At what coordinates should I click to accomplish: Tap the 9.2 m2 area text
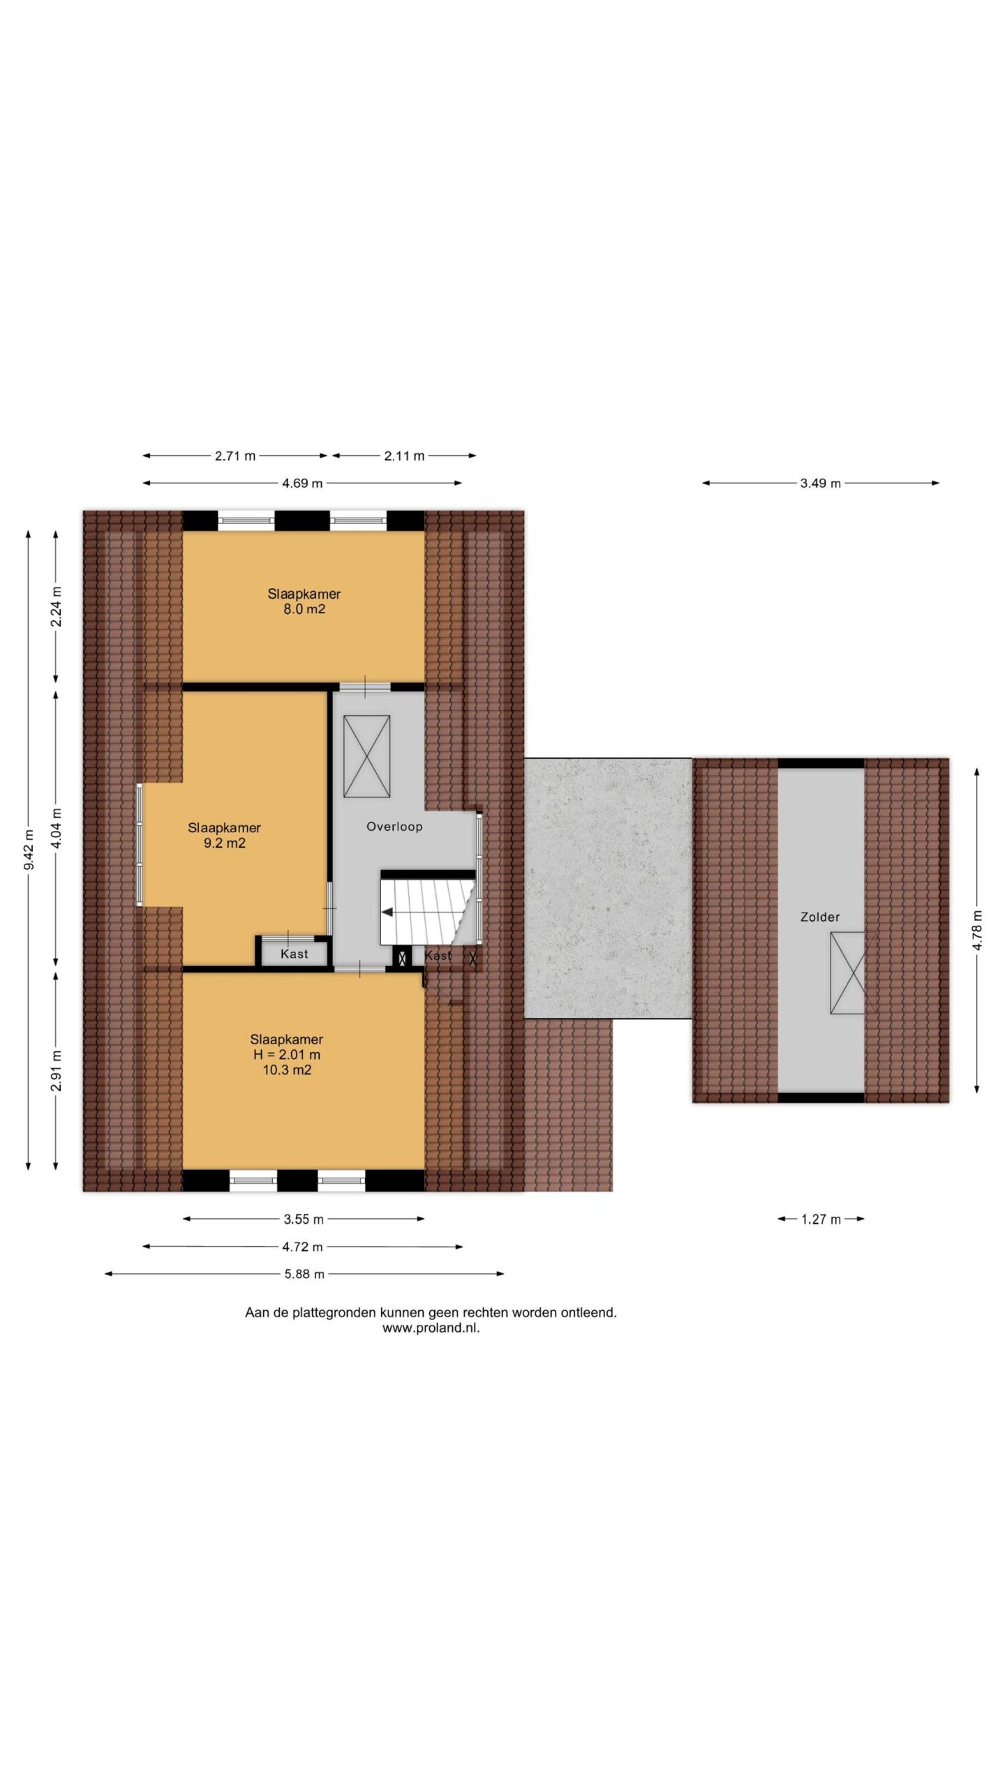224,843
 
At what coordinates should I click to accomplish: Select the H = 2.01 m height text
287,1054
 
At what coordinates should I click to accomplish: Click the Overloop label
394,827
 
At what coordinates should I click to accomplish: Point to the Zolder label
820,917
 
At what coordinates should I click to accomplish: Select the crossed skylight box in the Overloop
366,756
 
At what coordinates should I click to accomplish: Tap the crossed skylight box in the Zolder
847,973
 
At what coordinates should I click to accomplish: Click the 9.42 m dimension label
29,850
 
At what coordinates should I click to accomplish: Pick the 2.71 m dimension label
235,456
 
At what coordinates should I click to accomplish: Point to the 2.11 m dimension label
404,456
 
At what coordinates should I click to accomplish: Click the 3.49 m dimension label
820,483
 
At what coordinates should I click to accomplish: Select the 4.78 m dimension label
977,930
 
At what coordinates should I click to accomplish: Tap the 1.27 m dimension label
821,1219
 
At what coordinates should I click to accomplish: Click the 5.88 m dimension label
304,1274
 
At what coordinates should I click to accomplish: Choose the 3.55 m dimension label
304,1220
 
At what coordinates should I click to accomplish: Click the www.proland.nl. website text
431,1328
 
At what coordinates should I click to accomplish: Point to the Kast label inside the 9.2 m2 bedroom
294,954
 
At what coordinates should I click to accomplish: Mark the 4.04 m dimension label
57,828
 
